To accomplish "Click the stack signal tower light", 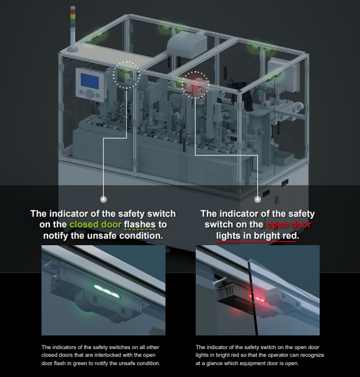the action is tap(72, 28).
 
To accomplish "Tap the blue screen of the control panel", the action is tap(90, 81).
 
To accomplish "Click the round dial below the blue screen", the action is tap(90, 94).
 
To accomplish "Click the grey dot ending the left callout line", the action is tap(103, 199).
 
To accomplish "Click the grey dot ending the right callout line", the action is tap(257, 199).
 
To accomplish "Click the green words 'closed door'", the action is tap(95, 224).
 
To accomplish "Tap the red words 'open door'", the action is tap(288, 224).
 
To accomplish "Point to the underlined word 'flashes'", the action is tap(140, 224).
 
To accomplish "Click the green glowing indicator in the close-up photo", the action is tap(106, 291).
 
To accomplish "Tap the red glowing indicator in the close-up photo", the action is tap(257, 298).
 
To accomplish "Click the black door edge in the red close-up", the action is tap(253, 298).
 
